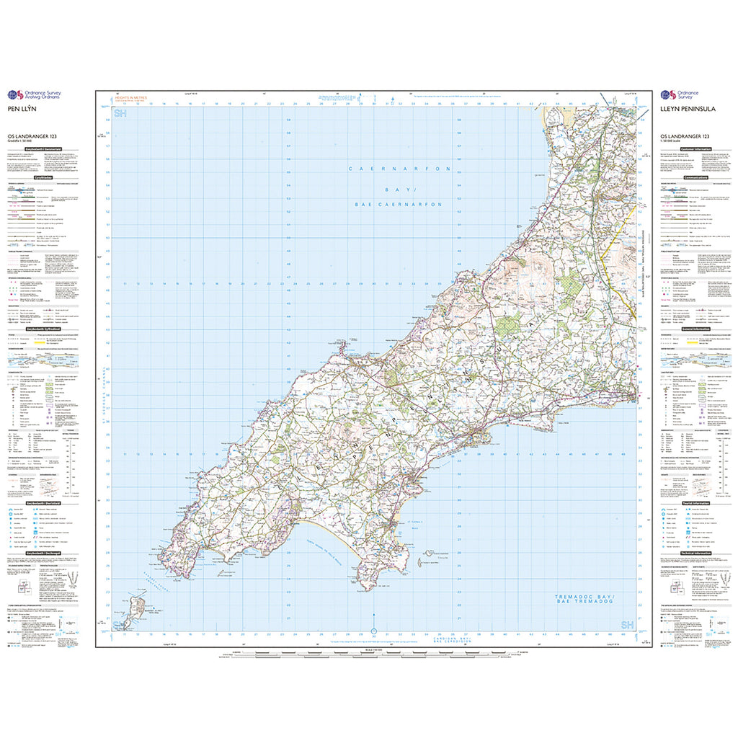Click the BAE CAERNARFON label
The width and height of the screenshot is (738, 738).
[x=399, y=205]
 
